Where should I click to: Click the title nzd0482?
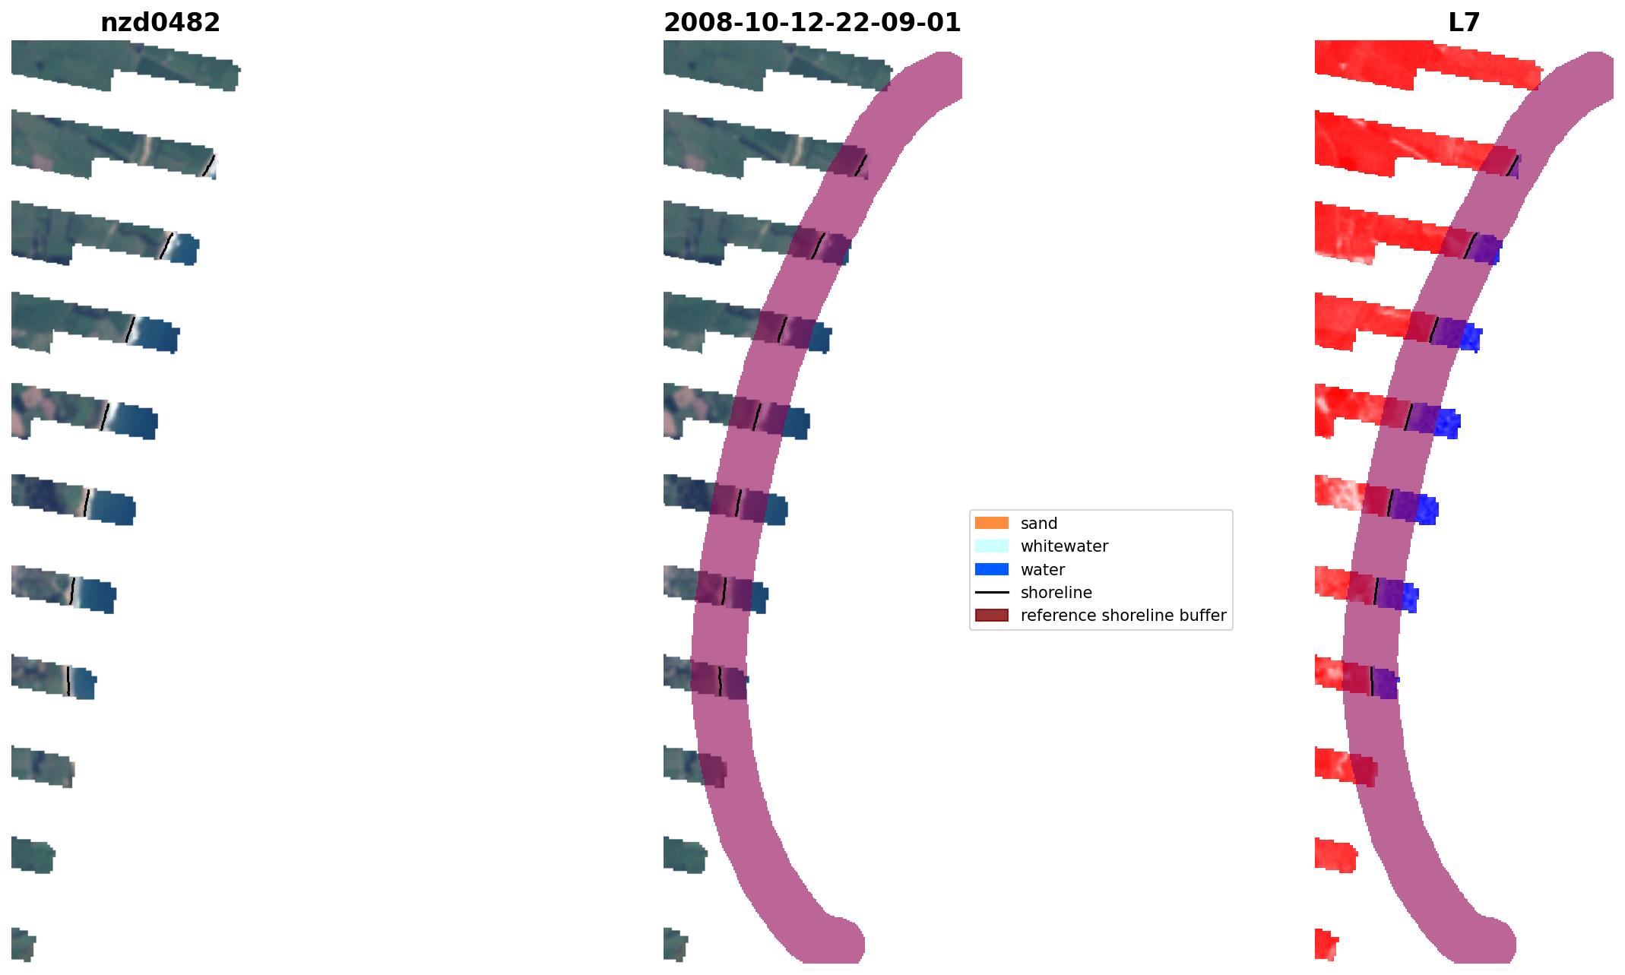pos(160,23)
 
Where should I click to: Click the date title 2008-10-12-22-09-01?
pos(812,23)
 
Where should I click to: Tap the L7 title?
pos(1463,23)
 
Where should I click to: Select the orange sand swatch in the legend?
pos(991,523)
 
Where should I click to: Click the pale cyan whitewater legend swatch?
pos(991,546)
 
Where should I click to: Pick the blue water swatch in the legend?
pos(991,569)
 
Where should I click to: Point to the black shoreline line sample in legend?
pos(991,592)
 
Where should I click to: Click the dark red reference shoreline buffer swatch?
pos(991,615)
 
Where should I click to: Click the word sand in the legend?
pos(1038,523)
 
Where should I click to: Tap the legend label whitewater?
pos(1063,546)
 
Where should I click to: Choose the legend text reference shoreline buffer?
pos(1123,615)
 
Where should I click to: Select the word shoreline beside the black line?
pos(1056,592)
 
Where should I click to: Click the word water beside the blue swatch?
pos(1042,569)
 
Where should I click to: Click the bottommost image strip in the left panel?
pos(23,945)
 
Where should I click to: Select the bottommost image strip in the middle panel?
pos(675,945)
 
